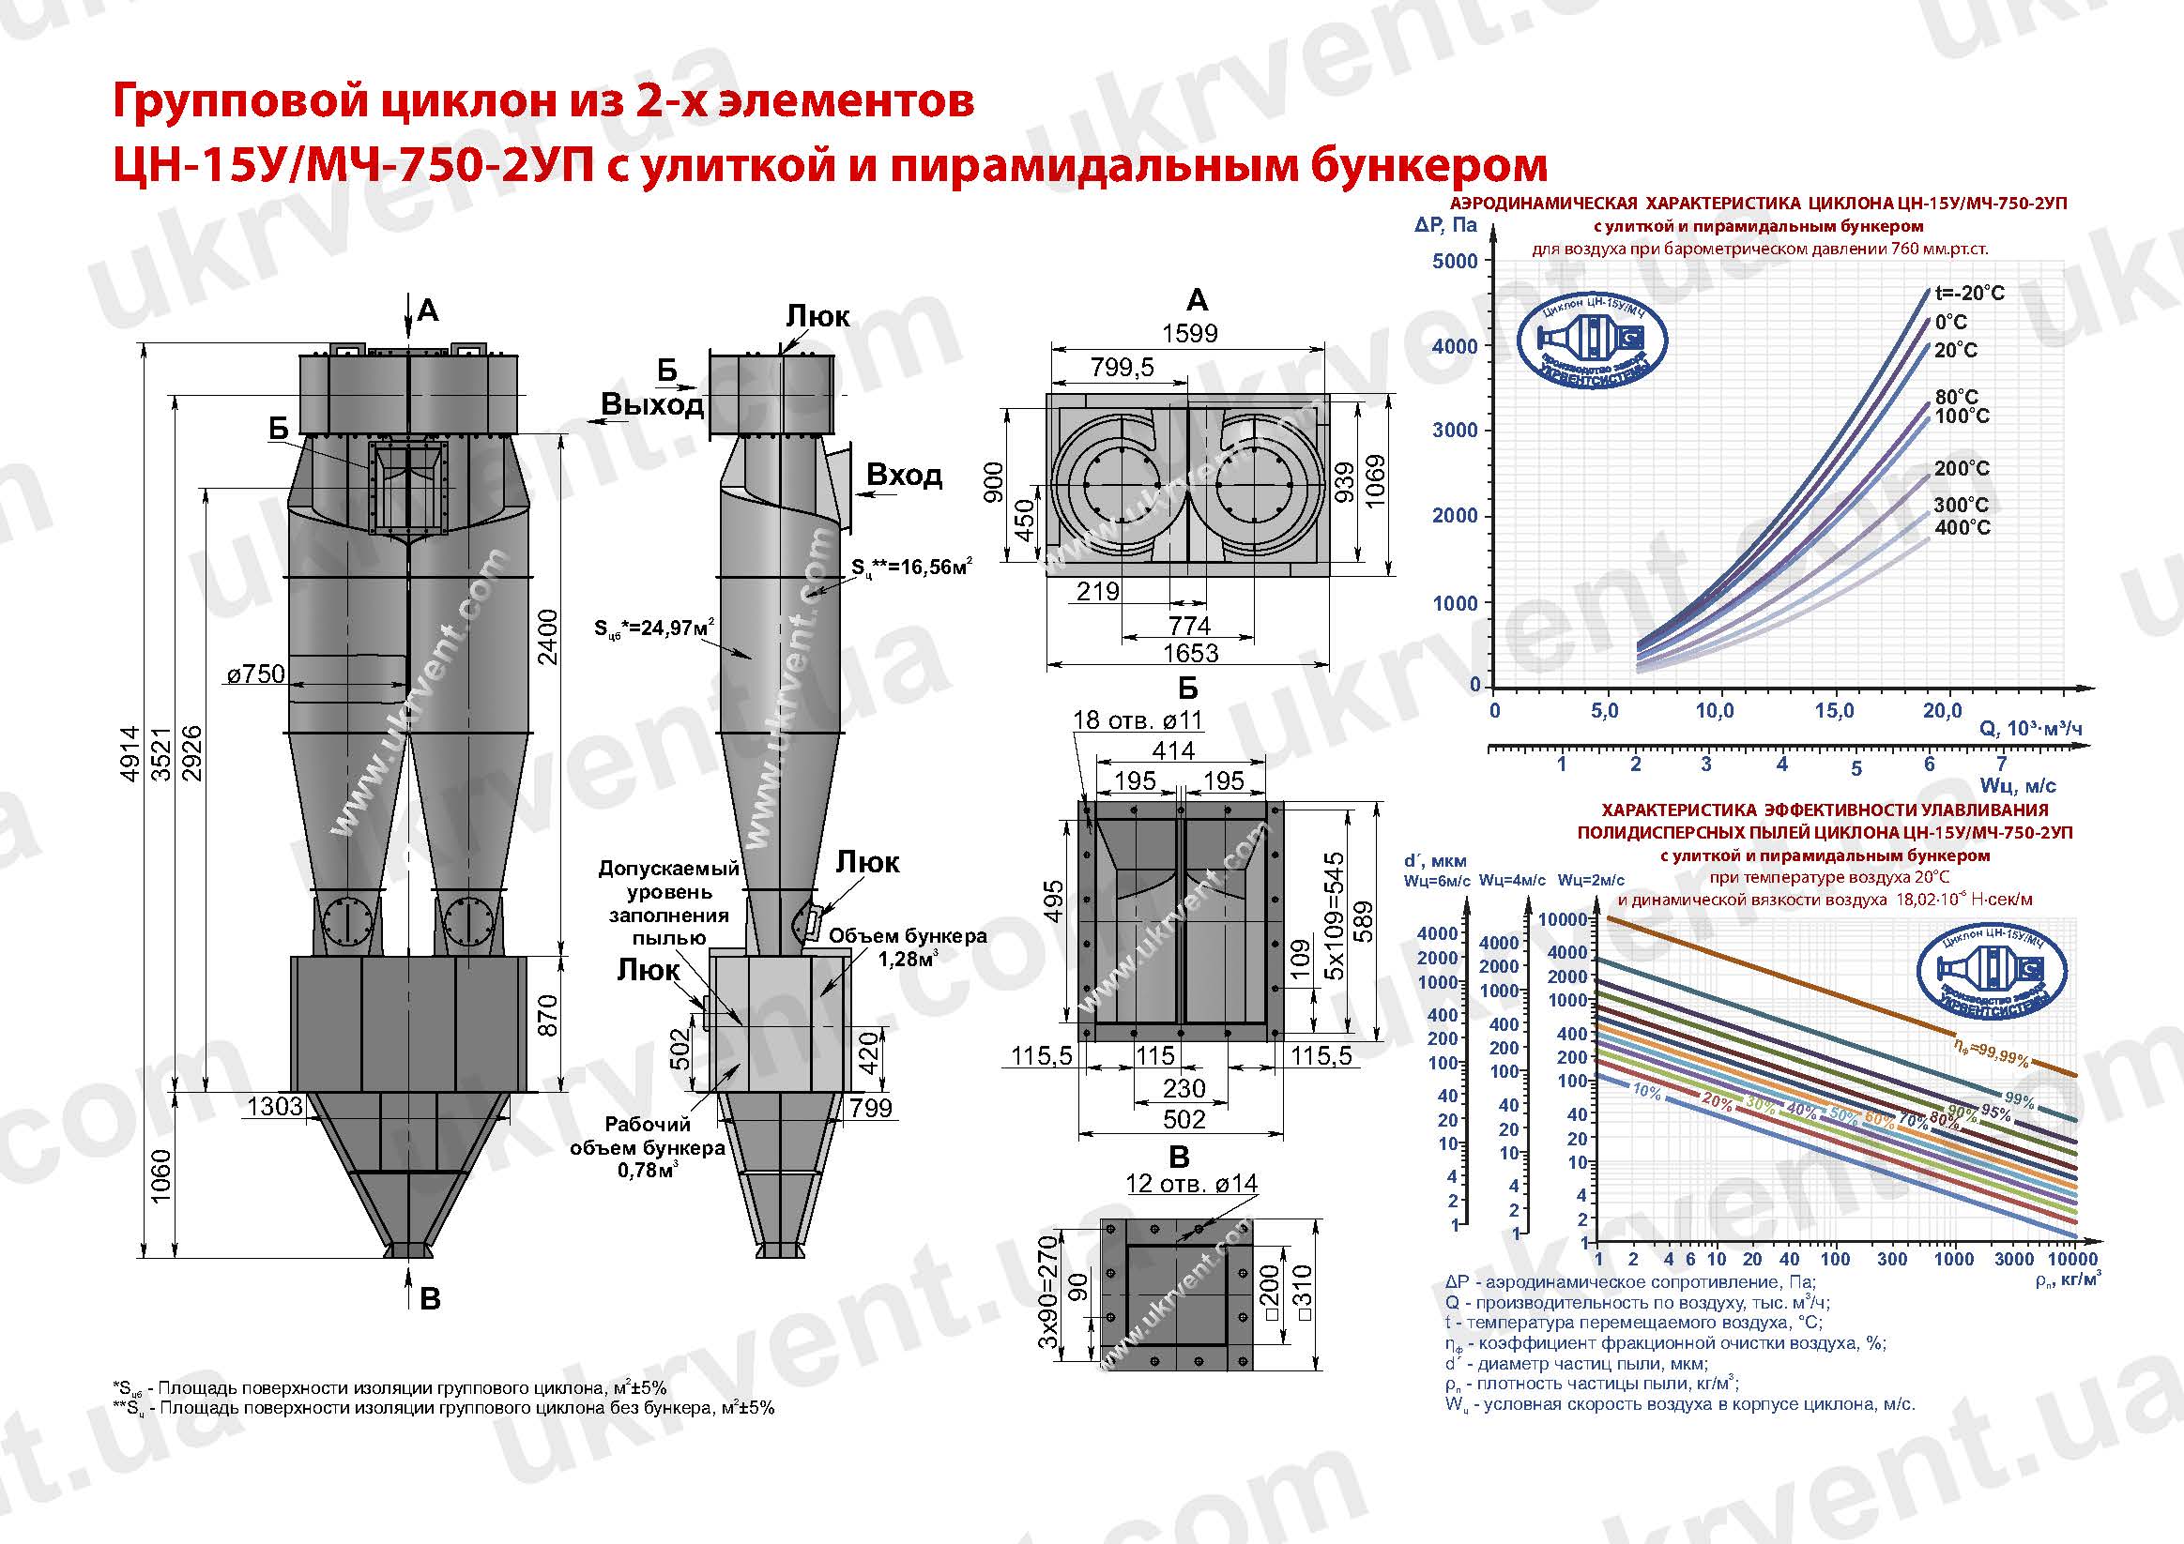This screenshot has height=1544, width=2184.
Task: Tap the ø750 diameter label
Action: tap(256, 674)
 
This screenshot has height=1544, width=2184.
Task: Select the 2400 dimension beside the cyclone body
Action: tap(549, 637)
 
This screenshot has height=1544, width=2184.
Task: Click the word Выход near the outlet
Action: tap(651, 405)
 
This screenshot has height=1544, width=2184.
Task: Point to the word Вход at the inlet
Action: tap(904, 475)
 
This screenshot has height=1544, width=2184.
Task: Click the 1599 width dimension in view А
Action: tap(1189, 333)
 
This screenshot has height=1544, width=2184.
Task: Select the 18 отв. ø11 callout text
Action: tap(1138, 720)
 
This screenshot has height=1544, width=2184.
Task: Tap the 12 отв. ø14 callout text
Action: tap(1191, 1184)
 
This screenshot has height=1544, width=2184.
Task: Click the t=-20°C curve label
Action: tap(1969, 293)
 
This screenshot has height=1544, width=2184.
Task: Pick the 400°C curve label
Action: tap(1962, 528)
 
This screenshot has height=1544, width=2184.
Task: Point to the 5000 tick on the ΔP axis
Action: tap(1456, 262)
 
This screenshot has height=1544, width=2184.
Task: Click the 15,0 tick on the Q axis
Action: tap(1833, 711)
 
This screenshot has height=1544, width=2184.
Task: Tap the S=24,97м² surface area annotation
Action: tap(654, 628)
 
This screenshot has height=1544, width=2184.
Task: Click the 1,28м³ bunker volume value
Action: tap(905, 960)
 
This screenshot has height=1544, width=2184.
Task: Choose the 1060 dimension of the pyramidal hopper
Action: tap(160, 1175)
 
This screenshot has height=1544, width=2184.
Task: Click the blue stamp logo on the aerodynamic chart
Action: tap(1592, 338)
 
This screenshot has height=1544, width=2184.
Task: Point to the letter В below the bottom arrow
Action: tap(430, 1299)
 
